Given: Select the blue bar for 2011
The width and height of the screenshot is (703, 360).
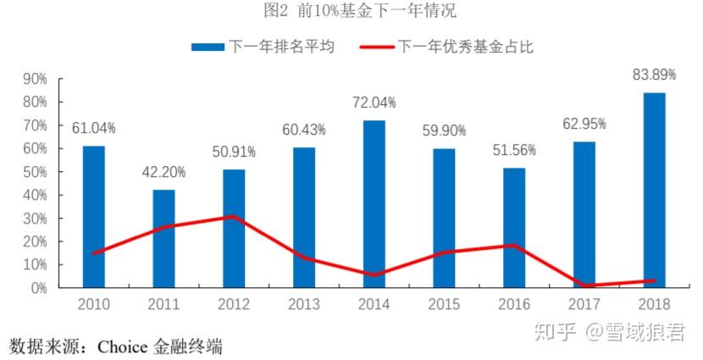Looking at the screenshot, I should (164, 239).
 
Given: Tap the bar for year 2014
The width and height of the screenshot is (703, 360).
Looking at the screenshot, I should (374, 204).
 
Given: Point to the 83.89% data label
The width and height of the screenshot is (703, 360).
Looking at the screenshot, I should (655, 75).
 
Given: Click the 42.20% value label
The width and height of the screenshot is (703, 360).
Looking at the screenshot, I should (164, 173).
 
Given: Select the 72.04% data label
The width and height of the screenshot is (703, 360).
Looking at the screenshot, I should (374, 102).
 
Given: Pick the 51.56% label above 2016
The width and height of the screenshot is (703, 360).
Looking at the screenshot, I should (514, 150).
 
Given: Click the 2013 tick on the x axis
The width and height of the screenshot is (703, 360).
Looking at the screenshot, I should (304, 303).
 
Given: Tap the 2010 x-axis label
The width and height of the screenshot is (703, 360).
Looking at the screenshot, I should (94, 303).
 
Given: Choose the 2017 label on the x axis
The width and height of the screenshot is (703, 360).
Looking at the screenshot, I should (584, 303).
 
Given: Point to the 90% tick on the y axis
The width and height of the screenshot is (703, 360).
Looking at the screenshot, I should (34, 79).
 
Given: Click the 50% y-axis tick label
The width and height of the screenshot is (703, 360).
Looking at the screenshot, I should (34, 172).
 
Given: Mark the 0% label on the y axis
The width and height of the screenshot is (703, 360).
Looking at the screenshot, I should (38, 288).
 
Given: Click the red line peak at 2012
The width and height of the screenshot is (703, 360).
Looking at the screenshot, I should (235, 217).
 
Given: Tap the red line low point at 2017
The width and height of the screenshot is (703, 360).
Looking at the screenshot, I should (584, 285).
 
